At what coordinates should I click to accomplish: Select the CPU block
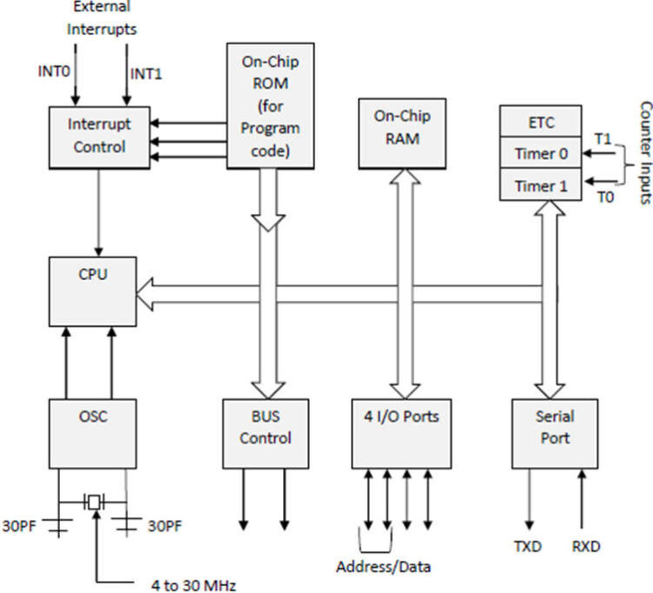click(91, 291)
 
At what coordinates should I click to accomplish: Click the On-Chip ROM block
click(270, 103)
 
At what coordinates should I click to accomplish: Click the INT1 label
click(146, 73)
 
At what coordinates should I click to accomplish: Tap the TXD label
click(528, 547)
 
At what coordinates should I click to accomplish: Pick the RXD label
click(584, 547)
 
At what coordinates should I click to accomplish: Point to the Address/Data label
click(384, 567)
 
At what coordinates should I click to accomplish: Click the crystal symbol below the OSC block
click(93, 503)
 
